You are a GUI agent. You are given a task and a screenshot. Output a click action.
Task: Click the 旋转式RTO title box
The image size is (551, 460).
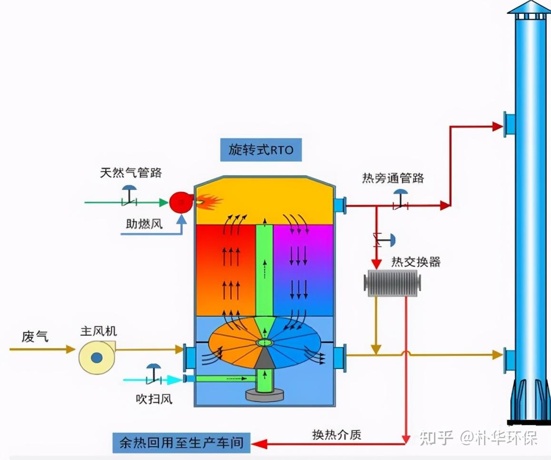[x=261, y=150]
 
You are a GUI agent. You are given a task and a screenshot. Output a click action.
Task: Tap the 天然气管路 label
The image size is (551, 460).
[x=131, y=172]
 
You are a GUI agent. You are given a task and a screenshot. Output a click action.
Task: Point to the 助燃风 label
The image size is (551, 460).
[x=144, y=223]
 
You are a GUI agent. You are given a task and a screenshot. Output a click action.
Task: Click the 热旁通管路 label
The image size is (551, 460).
[x=393, y=178]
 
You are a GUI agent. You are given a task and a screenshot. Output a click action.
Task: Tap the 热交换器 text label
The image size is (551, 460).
[x=416, y=261]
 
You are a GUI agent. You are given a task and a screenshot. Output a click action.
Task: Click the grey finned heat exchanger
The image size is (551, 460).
[x=393, y=281]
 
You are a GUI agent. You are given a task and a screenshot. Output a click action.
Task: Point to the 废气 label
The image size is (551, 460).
[x=35, y=336]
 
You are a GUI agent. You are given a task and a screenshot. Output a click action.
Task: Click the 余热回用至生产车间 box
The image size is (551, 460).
[x=181, y=443]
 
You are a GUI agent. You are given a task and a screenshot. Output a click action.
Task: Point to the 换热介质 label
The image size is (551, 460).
[x=336, y=434]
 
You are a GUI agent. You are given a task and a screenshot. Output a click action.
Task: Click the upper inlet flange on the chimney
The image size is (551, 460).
[x=510, y=124]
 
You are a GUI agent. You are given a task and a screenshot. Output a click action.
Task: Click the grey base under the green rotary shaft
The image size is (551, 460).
[x=264, y=394]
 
